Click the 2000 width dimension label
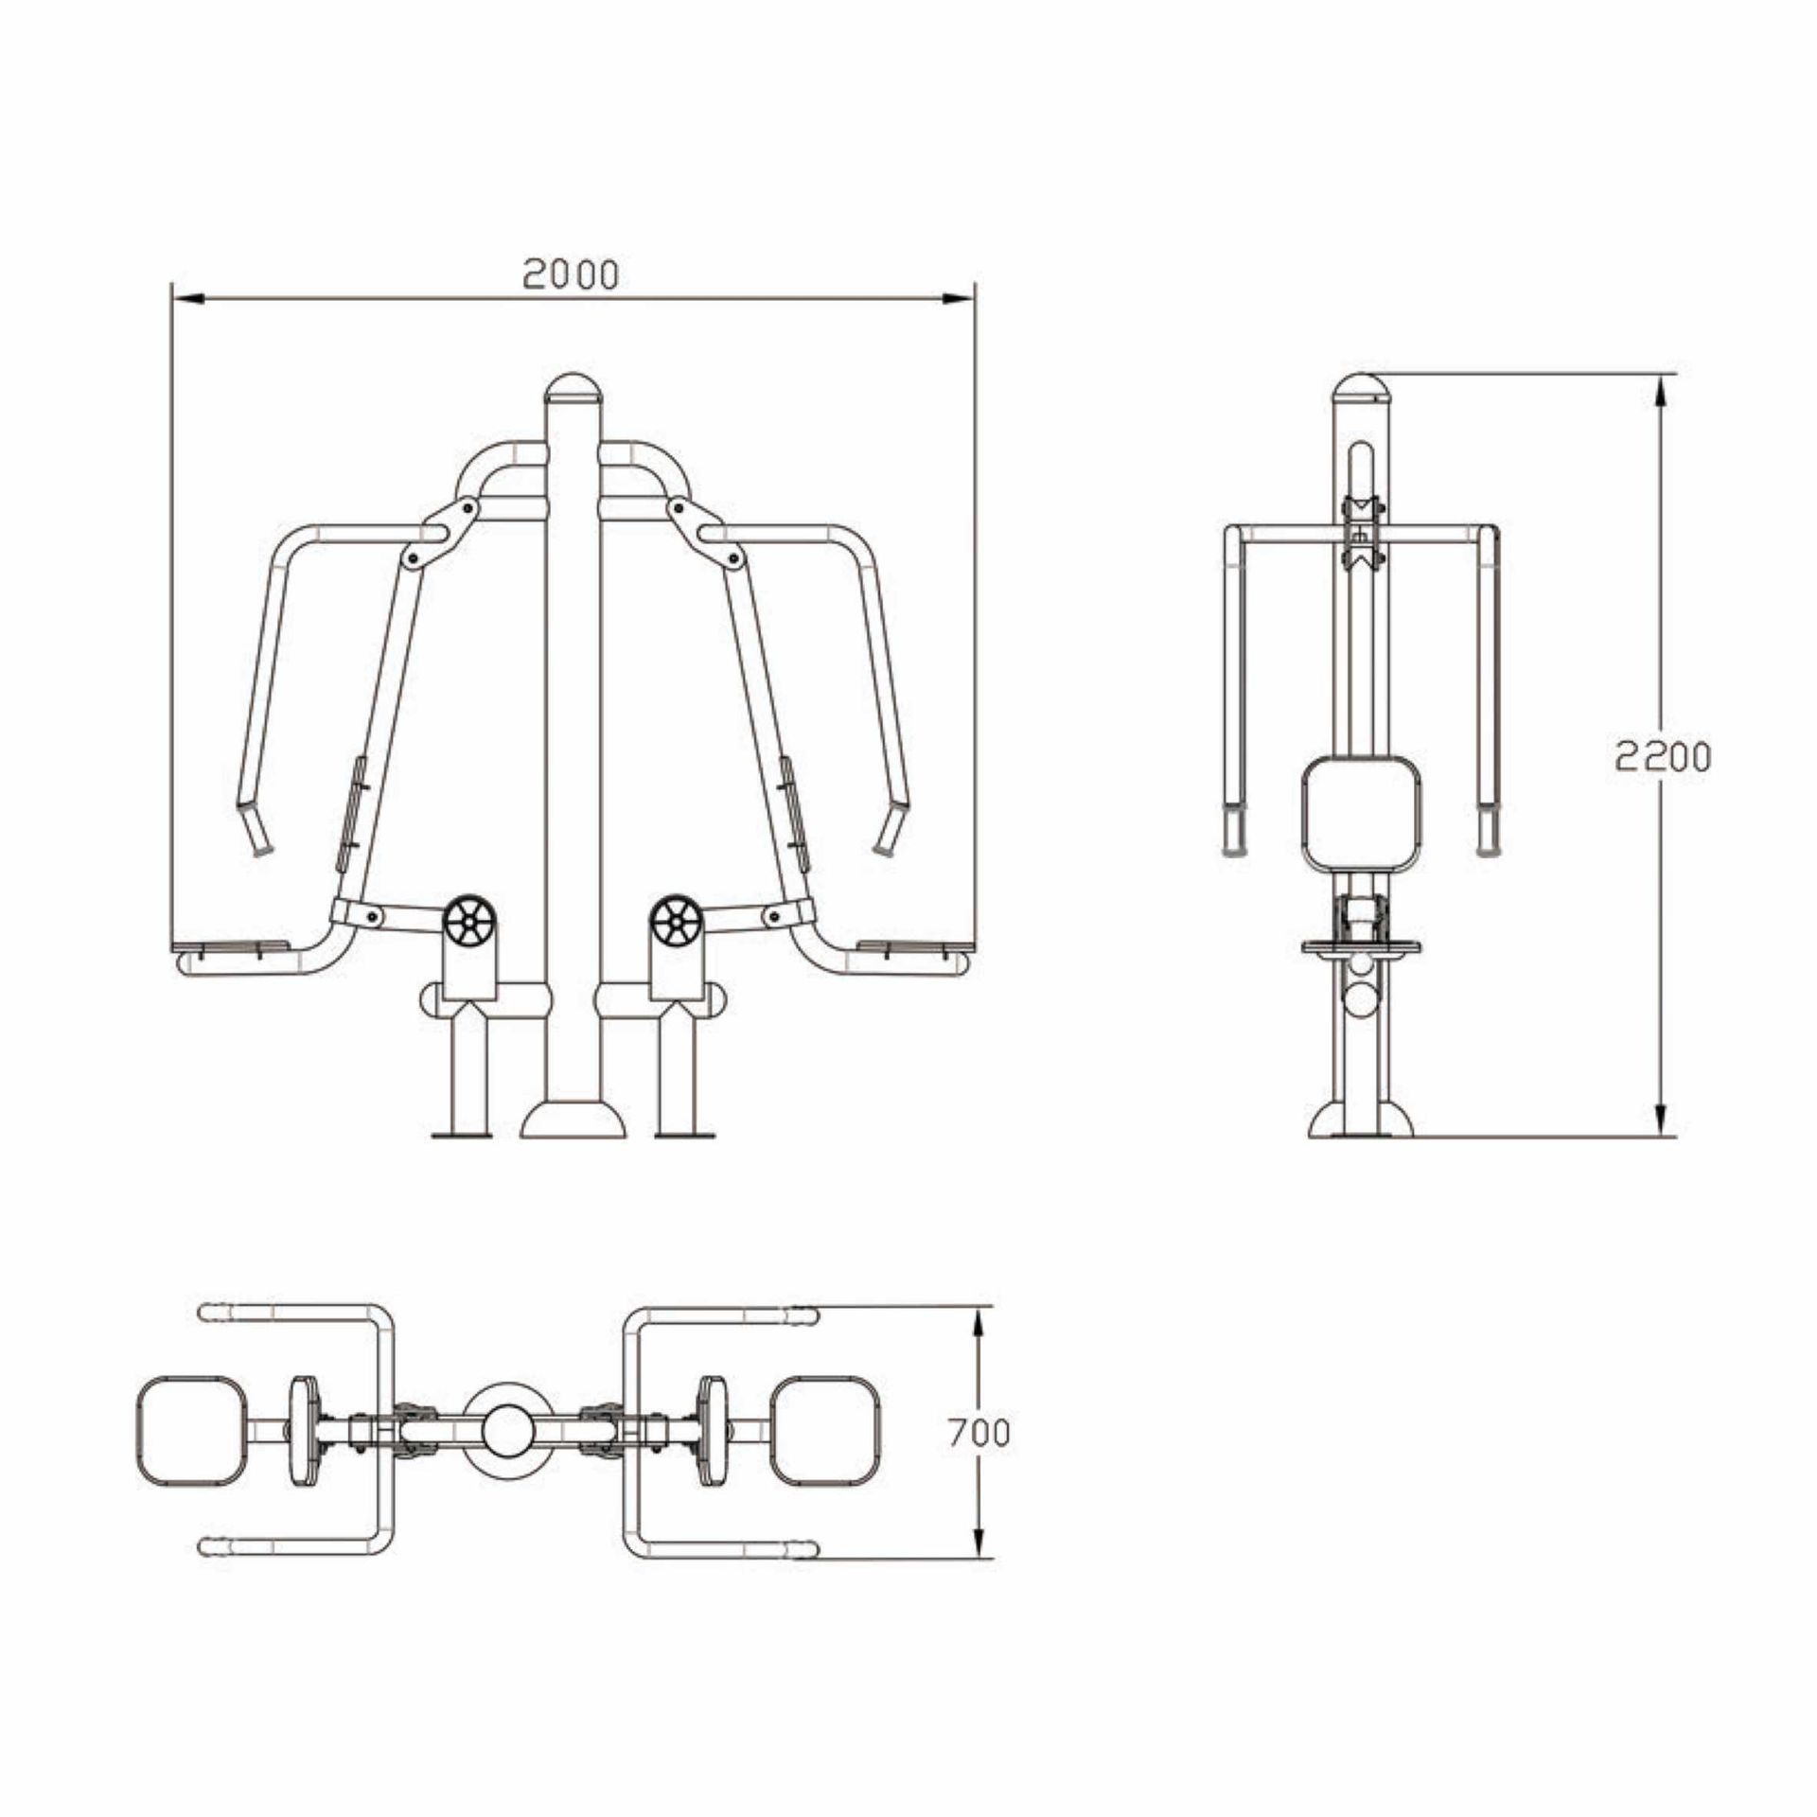click(x=571, y=274)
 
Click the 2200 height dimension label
click(x=1663, y=756)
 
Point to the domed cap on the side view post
click(x=1361, y=389)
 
